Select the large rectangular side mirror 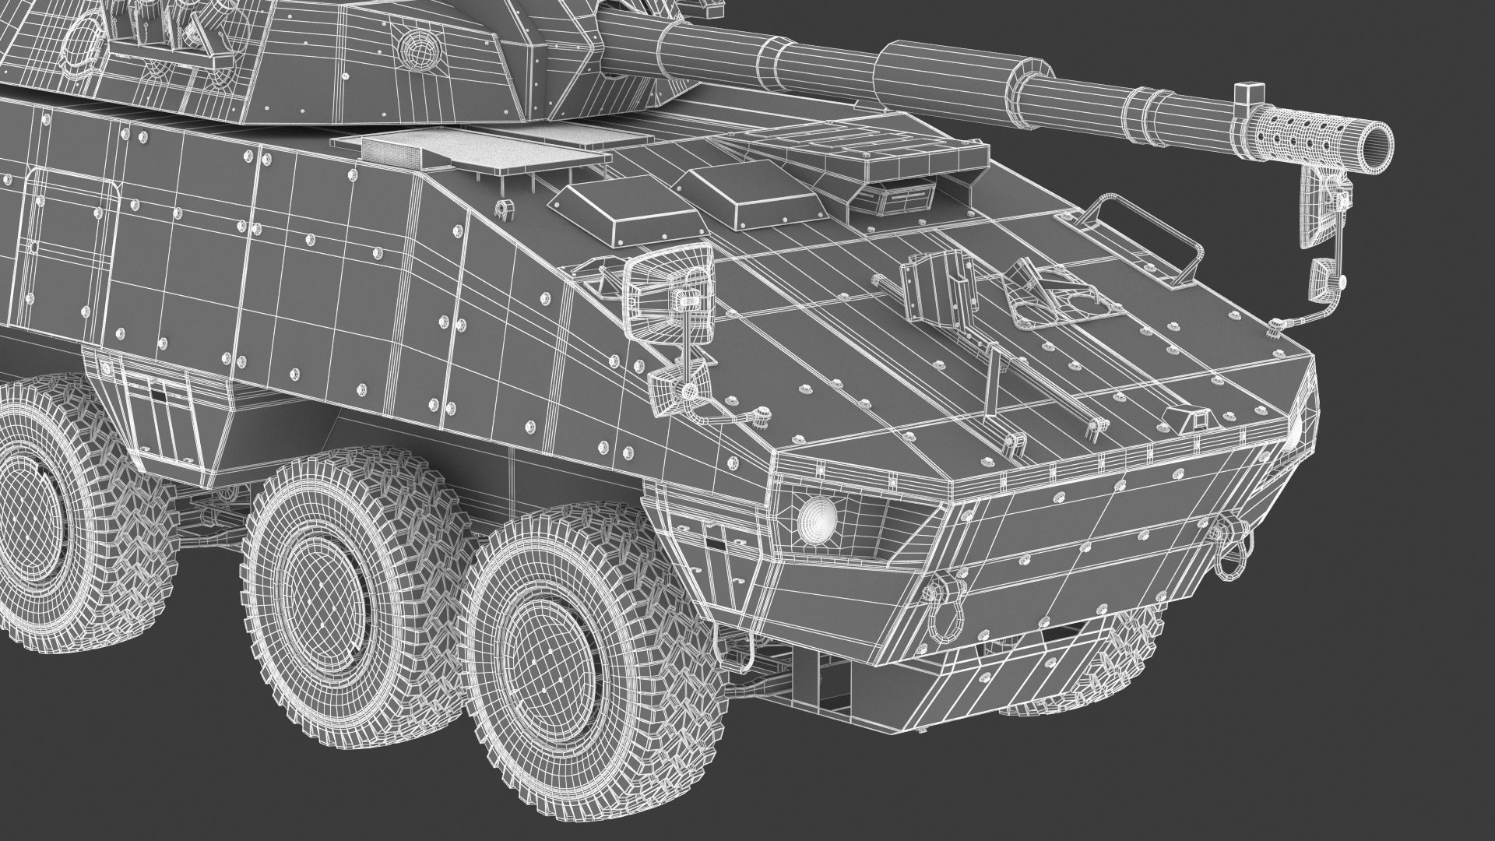(670, 281)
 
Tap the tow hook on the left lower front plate (935, 592)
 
